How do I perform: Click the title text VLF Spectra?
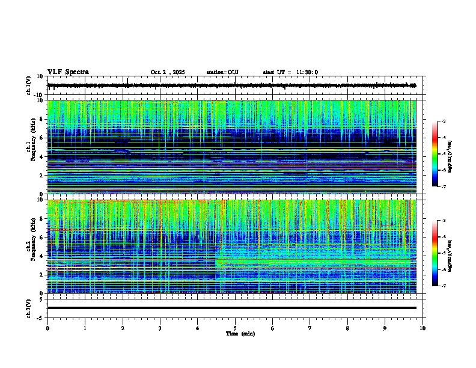coord(68,72)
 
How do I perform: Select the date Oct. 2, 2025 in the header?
coord(168,72)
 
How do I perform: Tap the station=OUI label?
coord(222,72)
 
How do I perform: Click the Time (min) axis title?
coord(240,333)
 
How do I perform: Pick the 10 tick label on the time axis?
coord(423,328)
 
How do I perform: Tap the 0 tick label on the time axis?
coord(47,328)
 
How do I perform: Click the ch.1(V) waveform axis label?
coord(29,86)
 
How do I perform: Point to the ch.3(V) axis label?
coord(29,307)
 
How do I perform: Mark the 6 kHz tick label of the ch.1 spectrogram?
coord(43,138)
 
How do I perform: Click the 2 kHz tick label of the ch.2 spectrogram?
coord(43,275)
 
